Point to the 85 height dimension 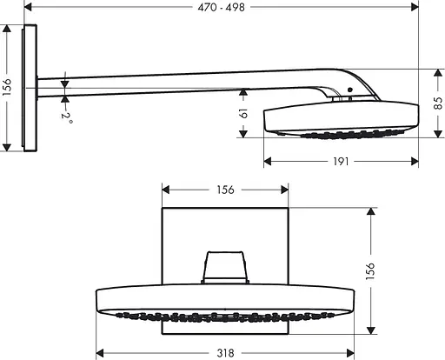pyautogui.click(x=435, y=103)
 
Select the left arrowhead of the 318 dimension pyautogui.click(x=98, y=353)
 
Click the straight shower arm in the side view pyautogui.click(x=174, y=82)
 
